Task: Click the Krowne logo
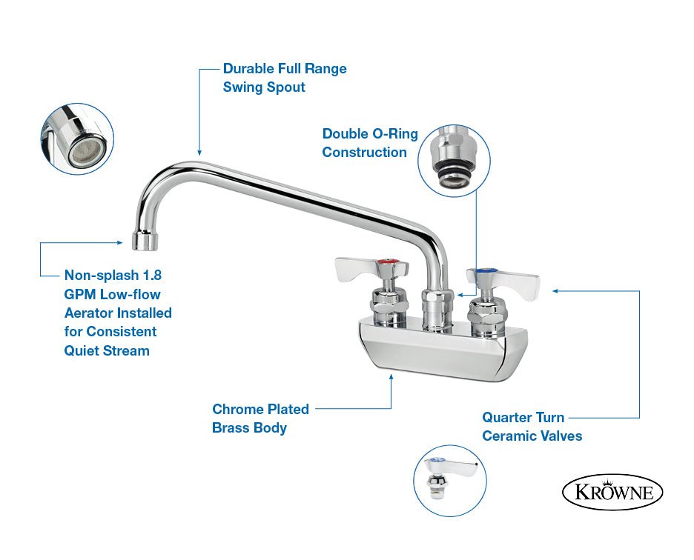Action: click(612, 493)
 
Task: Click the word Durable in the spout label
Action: click(249, 69)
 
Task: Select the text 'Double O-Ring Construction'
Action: click(370, 143)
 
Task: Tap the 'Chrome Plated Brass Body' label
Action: click(260, 419)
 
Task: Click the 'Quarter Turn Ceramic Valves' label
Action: click(532, 427)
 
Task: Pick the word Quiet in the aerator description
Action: click(83, 350)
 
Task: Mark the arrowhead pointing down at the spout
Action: click(199, 152)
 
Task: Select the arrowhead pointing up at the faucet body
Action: click(391, 377)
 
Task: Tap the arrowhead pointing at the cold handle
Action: click(553, 291)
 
